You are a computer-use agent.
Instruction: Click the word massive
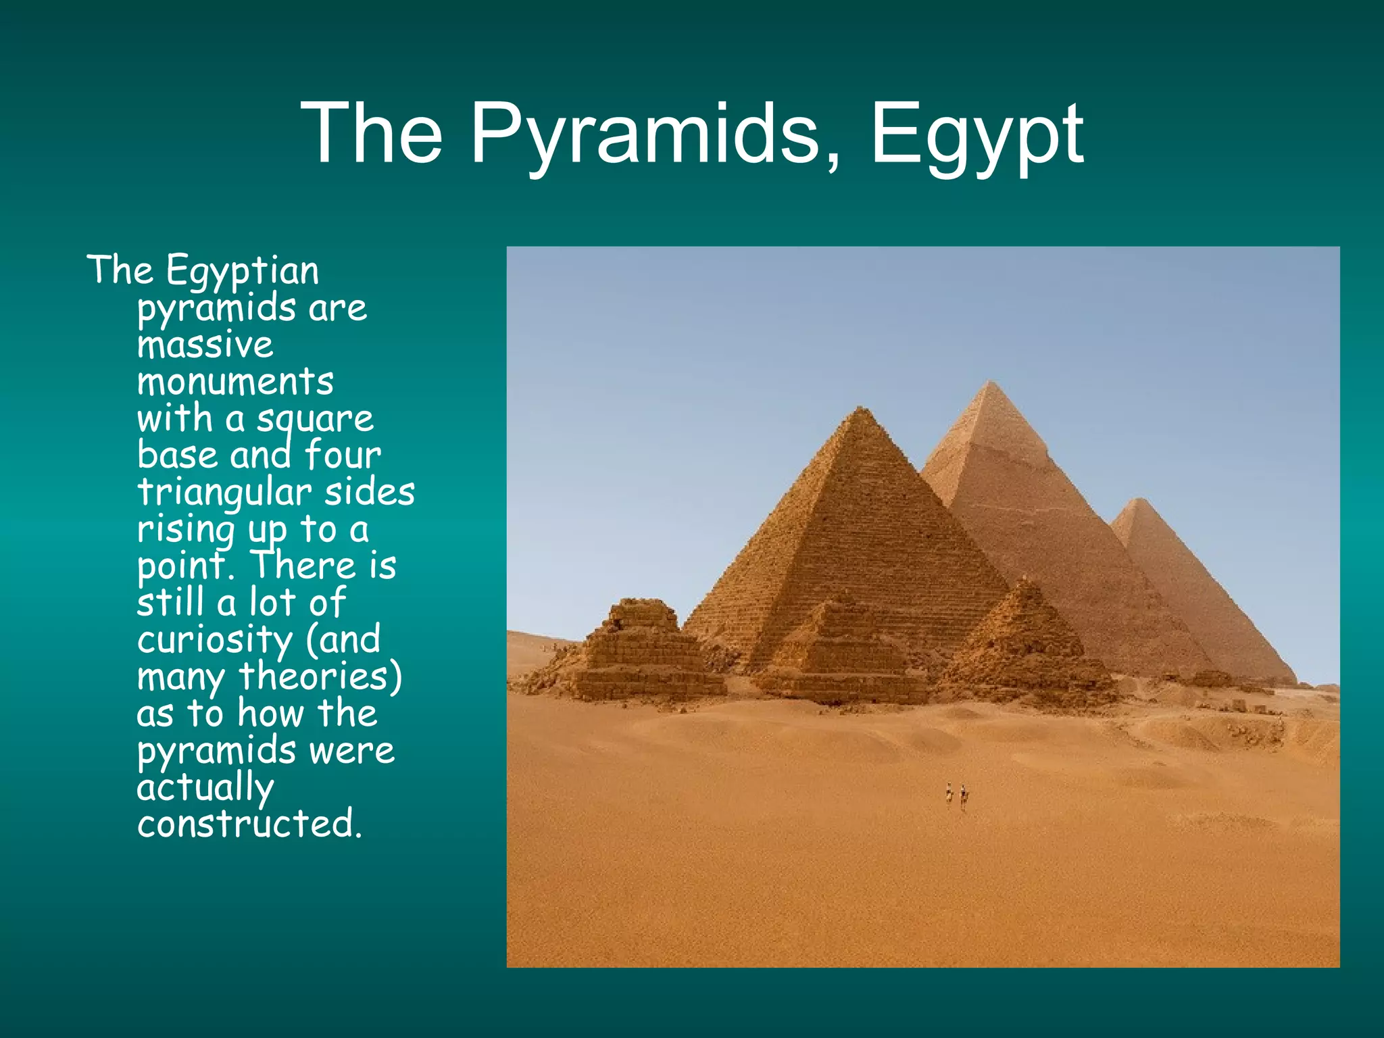tap(205, 345)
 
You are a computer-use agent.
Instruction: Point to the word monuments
tap(235, 382)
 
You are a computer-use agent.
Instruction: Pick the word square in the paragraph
tap(314, 420)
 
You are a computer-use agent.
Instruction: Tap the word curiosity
tap(214, 640)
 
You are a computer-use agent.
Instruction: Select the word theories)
tap(320, 676)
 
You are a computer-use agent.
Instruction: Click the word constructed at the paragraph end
tap(249, 824)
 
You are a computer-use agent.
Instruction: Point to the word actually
tap(205, 787)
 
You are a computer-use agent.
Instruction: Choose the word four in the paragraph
tap(343, 455)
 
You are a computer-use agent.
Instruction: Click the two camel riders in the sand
tap(956, 795)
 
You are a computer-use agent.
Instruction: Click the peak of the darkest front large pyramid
tap(860, 408)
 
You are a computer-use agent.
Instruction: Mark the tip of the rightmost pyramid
tap(1141, 500)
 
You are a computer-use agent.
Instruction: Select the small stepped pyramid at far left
tap(642, 649)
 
